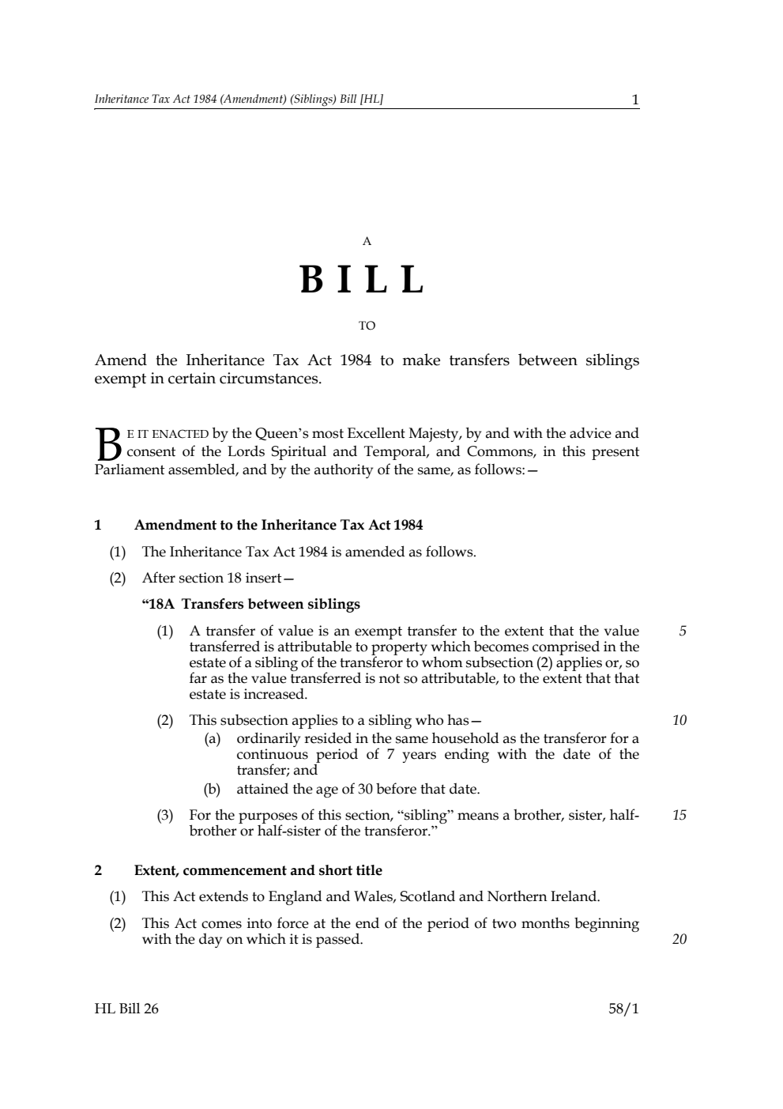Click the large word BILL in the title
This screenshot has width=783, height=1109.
[x=363, y=280]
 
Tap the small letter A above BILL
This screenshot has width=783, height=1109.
[x=367, y=242]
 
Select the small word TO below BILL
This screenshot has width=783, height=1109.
[x=367, y=326]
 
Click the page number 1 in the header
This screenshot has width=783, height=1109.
[x=634, y=100]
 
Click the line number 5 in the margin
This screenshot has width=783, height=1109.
[x=683, y=631]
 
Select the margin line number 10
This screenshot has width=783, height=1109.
[x=679, y=720]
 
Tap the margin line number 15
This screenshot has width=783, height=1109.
[x=679, y=815]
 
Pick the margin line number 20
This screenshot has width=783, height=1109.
[x=679, y=939]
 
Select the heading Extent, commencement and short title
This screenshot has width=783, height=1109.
[x=258, y=870]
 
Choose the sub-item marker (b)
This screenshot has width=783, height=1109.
[x=213, y=789]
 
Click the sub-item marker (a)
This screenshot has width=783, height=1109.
[x=213, y=739]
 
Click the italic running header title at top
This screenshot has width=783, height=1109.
[x=239, y=100]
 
